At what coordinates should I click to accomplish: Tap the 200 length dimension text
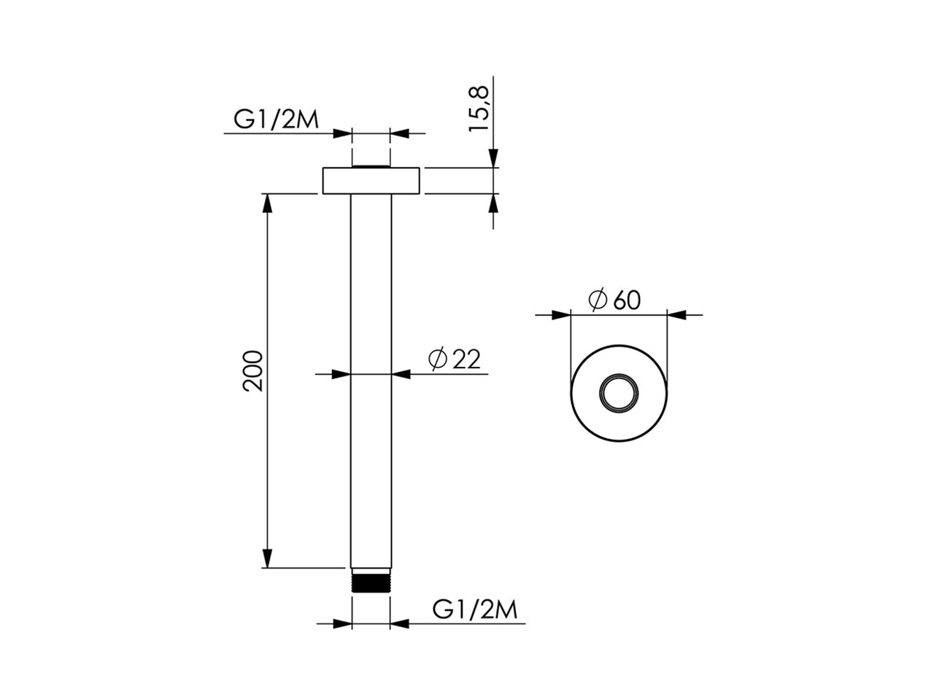(252, 371)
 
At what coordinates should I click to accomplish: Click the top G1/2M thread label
(276, 119)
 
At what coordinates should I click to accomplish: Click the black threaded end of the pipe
(371, 583)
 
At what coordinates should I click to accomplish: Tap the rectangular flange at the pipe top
(371, 181)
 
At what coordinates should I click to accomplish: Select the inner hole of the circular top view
(618, 393)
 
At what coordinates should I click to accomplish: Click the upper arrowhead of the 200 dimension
(268, 203)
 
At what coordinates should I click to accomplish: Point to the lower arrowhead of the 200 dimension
(268, 559)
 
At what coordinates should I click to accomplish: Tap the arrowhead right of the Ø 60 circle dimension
(676, 315)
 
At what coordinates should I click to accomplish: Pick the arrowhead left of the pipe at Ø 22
(341, 374)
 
